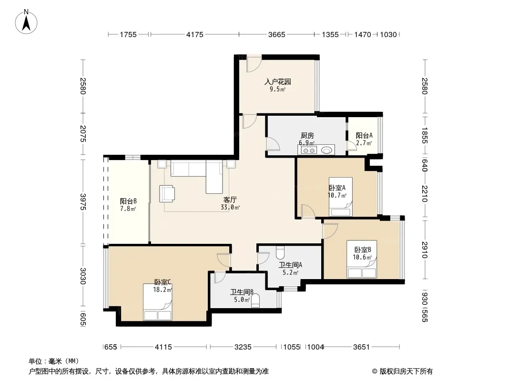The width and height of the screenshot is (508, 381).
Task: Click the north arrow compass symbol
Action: tap(26, 22)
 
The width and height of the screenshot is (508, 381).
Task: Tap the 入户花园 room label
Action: tap(278, 81)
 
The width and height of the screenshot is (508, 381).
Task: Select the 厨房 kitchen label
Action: tap(307, 136)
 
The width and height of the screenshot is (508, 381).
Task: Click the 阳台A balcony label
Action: tap(364, 136)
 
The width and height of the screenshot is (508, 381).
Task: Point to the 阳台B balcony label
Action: tap(128, 201)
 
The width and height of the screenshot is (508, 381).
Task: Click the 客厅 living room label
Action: tap(230, 200)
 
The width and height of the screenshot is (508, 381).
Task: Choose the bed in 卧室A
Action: tap(341, 197)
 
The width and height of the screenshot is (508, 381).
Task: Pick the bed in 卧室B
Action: tap(362, 259)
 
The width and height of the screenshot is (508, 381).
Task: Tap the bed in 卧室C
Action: tap(157, 302)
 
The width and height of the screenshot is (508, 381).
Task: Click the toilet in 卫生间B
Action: tap(255, 300)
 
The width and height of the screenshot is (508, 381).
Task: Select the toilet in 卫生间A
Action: tap(280, 251)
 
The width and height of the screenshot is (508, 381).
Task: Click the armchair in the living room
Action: tap(167, 193)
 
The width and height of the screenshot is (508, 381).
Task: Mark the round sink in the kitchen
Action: tap(327, 150)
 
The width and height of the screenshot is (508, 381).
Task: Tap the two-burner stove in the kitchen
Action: tap(309, 150)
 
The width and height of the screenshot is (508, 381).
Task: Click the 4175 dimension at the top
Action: tap(195, 34)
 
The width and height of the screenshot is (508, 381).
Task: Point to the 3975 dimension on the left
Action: tap(83, 201)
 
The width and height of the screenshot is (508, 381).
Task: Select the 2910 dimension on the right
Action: tap(425, 250)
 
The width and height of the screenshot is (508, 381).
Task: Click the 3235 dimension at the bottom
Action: tap(243, 347)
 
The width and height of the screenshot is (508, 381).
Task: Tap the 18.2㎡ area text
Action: tap(163, 290)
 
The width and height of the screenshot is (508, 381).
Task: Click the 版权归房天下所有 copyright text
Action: tap(406, 371)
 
